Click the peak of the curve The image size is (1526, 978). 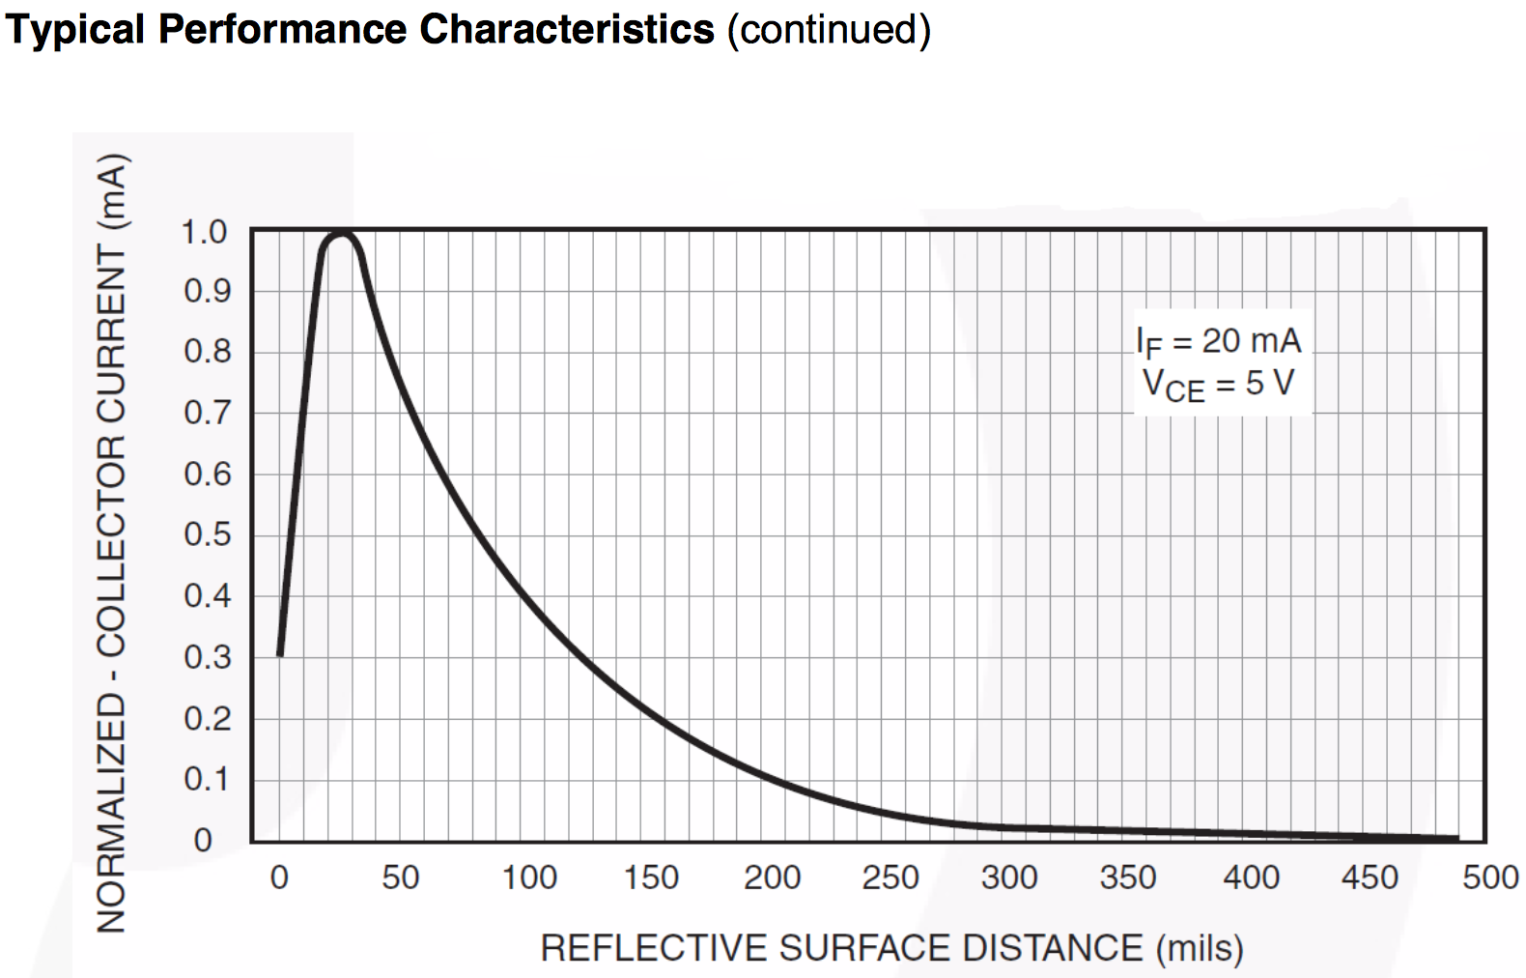341,234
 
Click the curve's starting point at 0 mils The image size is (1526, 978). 280,653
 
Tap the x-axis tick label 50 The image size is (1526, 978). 400,877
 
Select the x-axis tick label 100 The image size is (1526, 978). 529,877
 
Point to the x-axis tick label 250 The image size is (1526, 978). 890,877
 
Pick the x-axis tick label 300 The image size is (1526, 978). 1008,877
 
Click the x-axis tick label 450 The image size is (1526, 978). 1369,877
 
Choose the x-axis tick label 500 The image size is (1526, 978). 1490,877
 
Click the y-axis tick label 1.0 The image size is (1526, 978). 204,232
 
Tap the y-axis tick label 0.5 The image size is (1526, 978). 207,534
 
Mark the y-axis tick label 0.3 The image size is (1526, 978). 207,657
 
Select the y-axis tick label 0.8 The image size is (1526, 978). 207,352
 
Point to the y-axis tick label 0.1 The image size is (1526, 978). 207,779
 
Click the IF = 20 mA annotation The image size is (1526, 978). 1219,341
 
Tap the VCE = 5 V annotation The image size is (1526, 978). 1219,385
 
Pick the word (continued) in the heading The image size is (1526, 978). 829,29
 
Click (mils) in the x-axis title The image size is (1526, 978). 1200,948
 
